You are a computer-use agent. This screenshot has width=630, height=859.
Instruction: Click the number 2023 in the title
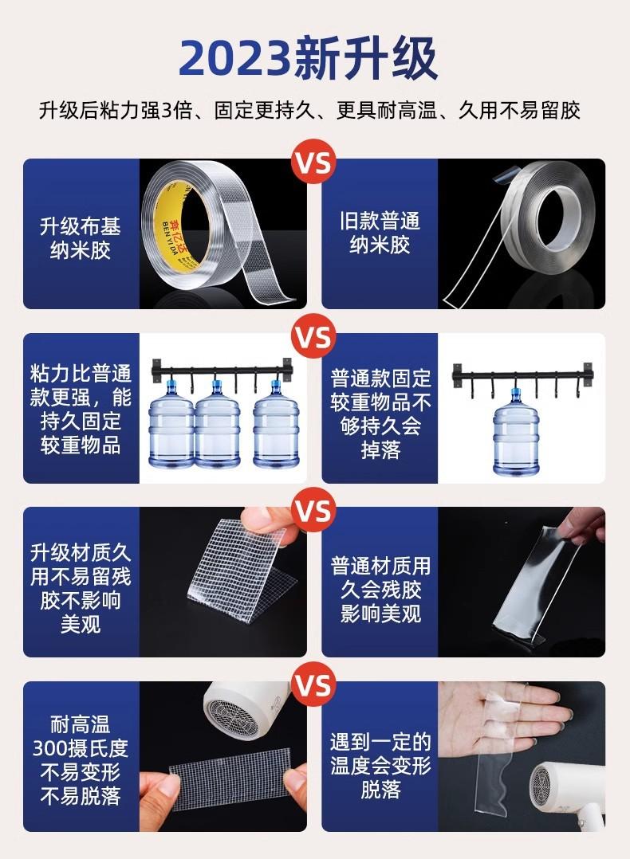click(234, 58)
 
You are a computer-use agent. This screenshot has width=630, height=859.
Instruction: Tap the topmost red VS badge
click(313, 163)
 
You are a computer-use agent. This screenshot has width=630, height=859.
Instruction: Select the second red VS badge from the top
click(313, 336)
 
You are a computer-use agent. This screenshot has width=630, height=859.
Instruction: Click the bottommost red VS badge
click(313, 684)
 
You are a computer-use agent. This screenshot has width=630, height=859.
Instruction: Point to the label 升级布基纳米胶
click(80, 238)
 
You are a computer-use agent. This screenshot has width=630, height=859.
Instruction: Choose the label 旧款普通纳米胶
click(380, 233)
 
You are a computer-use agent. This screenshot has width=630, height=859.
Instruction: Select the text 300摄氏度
click(80, 747)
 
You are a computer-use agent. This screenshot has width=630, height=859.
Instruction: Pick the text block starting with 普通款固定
click(380, 414)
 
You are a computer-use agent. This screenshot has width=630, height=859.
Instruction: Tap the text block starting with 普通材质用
click(380, 590)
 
